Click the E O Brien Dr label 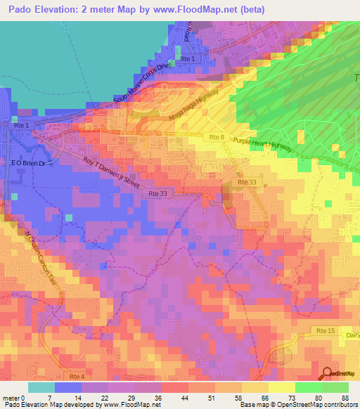tap(27, 162)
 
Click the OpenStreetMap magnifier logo tap(327, 374)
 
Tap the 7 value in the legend tap(49, 397)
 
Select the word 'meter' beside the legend tap(10, 397)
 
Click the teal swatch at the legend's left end tap(41, 387)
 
